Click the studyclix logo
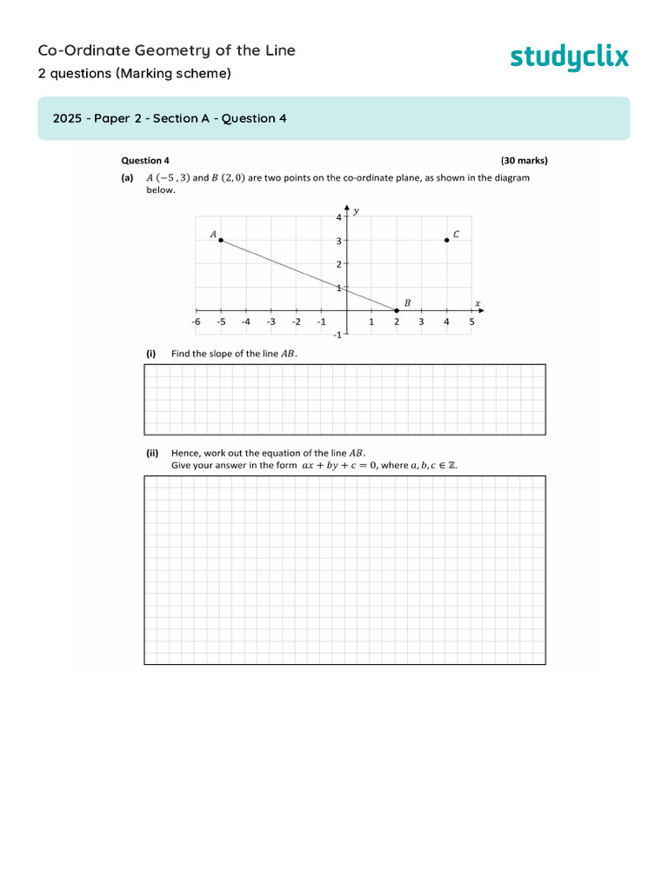(569, 58)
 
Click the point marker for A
(221, 240)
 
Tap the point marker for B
(397, 310)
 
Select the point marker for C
(447, 240)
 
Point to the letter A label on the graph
(213, 234)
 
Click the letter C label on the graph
(457, 234)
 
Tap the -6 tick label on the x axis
(196, 322)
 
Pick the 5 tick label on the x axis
(472, 322)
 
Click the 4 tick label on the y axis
(339, 217)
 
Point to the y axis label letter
(357, 210)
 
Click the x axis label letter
(478, 302)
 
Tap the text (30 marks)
(524, 161)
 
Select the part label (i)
(150, 354)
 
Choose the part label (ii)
(152, 453)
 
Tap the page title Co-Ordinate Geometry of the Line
(167, 50)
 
